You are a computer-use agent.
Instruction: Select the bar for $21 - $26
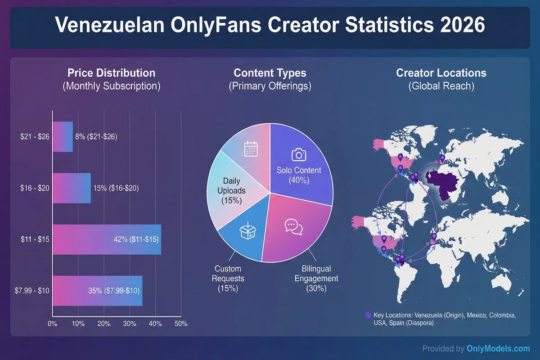point(63,136)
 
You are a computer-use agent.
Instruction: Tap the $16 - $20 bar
point(72,188)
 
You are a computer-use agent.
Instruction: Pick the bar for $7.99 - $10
point(97,291)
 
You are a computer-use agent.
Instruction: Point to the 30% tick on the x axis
point(130,324)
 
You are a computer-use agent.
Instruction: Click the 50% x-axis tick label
point(181,324)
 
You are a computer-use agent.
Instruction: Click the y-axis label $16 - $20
point(35,188)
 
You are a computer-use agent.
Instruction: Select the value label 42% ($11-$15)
point(135,239)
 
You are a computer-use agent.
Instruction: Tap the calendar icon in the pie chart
point(250,148)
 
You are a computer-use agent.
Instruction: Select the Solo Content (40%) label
point(299,175)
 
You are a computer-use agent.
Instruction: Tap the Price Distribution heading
point(111,73)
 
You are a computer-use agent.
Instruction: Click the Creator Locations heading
point(441,73)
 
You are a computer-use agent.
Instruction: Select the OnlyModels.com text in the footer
point(498,348)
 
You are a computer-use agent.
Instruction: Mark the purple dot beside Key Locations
point(369,315)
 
